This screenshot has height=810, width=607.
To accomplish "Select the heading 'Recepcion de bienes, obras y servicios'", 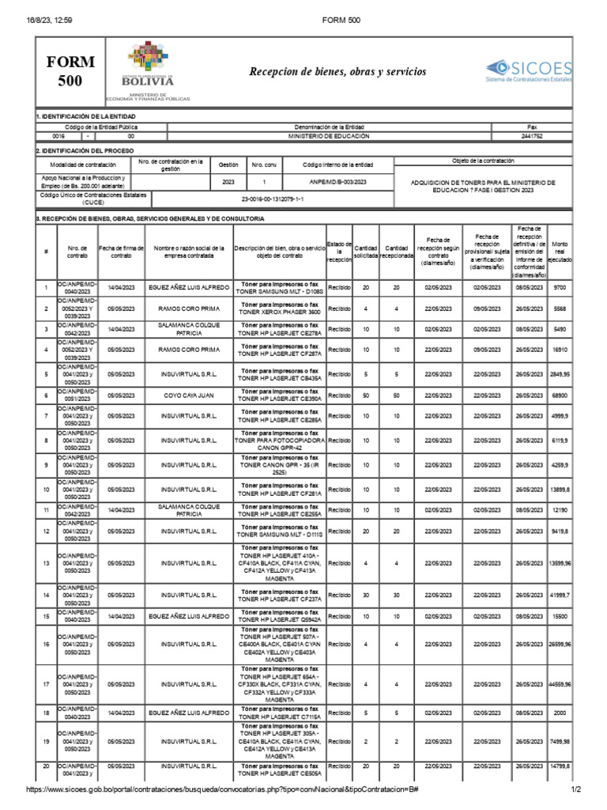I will (x=337, y=72).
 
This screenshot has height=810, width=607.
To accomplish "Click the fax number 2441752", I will (x=532, y=136).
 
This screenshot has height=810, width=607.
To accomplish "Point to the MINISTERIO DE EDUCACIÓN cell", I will (x=330, y=136).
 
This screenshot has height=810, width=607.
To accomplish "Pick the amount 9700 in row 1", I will (x=560, y=287).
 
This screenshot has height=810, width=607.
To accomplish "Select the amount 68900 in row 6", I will (x=560, y=395).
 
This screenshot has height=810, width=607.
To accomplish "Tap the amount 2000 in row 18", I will (x=560, y=713).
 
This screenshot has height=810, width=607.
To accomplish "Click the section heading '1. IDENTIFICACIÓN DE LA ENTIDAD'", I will (x=80, y=116).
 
